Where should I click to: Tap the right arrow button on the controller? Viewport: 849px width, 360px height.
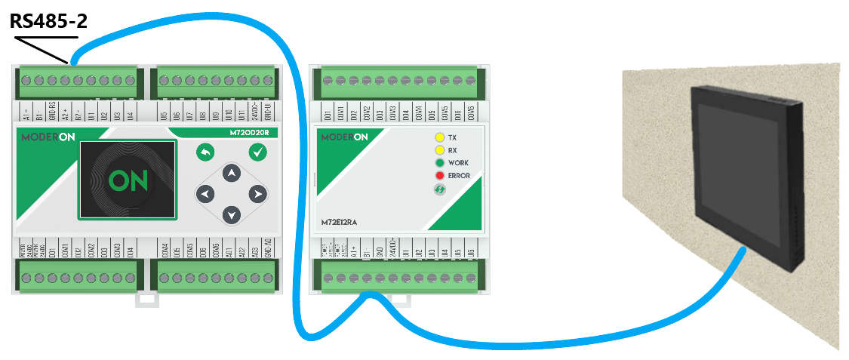tap(258, 195)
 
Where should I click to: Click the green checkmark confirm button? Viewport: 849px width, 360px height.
tap(258, 152)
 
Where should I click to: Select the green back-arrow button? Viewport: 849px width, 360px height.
tap(205, 152)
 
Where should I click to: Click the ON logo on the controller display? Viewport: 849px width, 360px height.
tap(127, 180)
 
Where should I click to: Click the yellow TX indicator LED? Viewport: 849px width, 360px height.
tap(438, 138)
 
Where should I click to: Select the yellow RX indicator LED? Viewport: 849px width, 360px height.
tap(438, 150)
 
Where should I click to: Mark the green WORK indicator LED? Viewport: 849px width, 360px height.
tap(438, 163)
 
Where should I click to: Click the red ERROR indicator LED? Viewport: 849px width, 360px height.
tap(438, 176)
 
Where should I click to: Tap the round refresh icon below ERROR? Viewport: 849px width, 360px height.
tap(438, 190)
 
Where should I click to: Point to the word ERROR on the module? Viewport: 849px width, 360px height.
tap(459, 176)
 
